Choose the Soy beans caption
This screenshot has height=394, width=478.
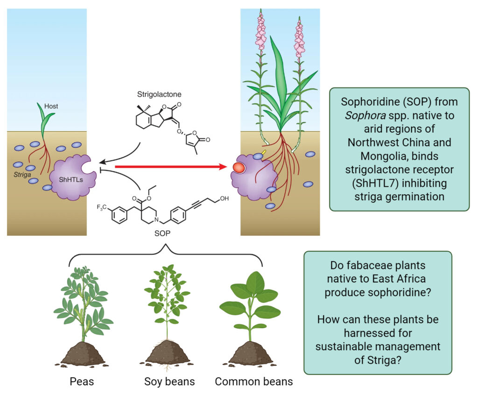169,381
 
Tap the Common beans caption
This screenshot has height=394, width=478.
253,381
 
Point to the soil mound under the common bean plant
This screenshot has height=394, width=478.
251,354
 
